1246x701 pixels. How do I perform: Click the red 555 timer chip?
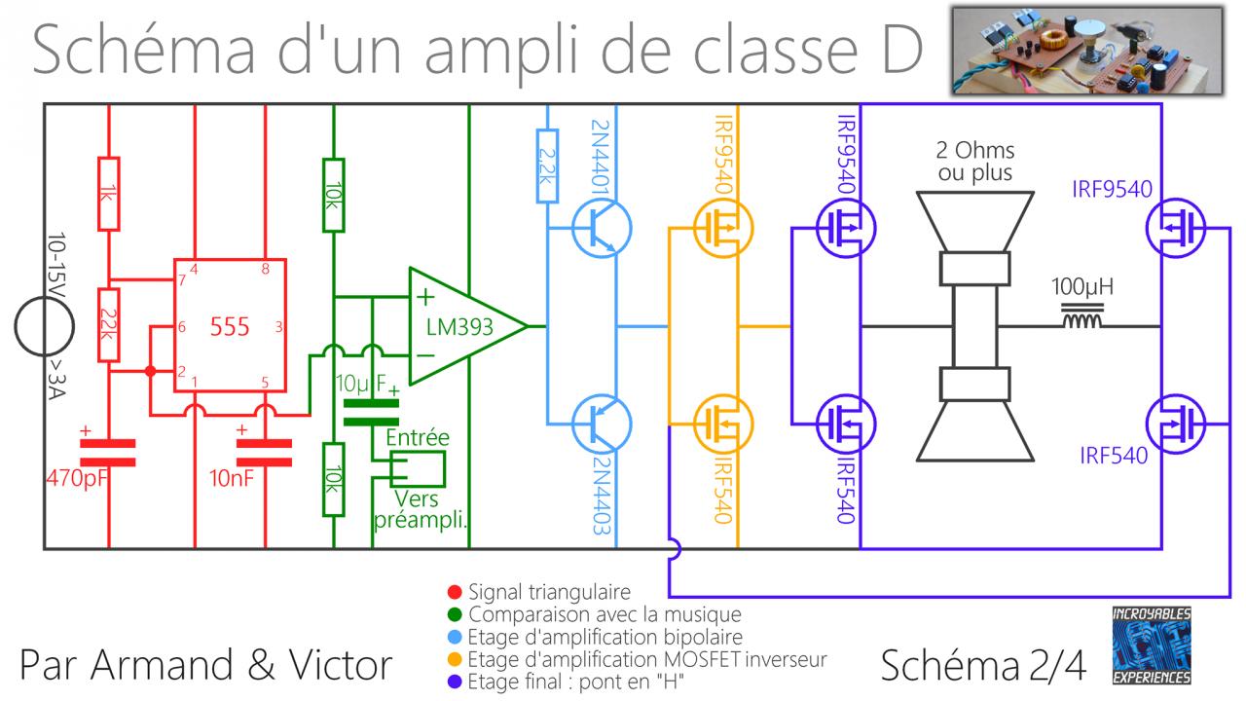[230, 326]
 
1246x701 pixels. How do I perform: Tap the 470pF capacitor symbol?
[107, 451]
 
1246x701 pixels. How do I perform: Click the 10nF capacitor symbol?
[265, 451]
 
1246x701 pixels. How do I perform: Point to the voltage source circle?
[44, 326]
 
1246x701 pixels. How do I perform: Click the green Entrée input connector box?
[416, 469]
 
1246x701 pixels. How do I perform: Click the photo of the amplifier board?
[1086, 50]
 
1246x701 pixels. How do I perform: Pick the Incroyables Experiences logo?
[1152, 645]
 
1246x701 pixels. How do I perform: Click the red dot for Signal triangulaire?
[453, 592]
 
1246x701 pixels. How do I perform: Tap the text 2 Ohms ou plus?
[973, 163]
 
